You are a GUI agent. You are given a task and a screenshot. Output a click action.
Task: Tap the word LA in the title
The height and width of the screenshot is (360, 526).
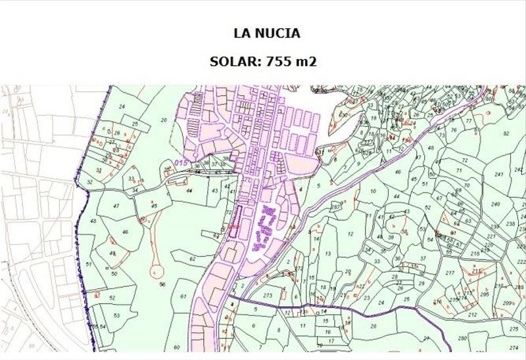(241, 33)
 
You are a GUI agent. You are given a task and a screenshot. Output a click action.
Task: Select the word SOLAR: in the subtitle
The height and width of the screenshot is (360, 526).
(235, 62)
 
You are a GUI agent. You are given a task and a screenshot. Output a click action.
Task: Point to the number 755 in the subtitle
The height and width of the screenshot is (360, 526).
(277, 62)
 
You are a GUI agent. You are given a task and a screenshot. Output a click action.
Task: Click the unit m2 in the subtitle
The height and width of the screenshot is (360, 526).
(304, 62)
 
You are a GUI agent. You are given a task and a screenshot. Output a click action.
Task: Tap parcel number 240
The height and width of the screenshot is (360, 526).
(495, 204)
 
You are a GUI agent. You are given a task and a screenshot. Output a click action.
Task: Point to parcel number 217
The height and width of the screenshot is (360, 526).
(450, 273)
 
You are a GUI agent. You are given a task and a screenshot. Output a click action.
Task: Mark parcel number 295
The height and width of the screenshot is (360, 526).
(485, 294)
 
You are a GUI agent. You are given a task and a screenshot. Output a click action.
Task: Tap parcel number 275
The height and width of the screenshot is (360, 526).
(514, 328)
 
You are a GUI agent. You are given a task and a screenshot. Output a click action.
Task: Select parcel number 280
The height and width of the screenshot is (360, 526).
(462, 338)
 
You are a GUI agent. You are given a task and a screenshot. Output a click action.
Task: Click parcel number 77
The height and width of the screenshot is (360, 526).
(469, 122)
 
